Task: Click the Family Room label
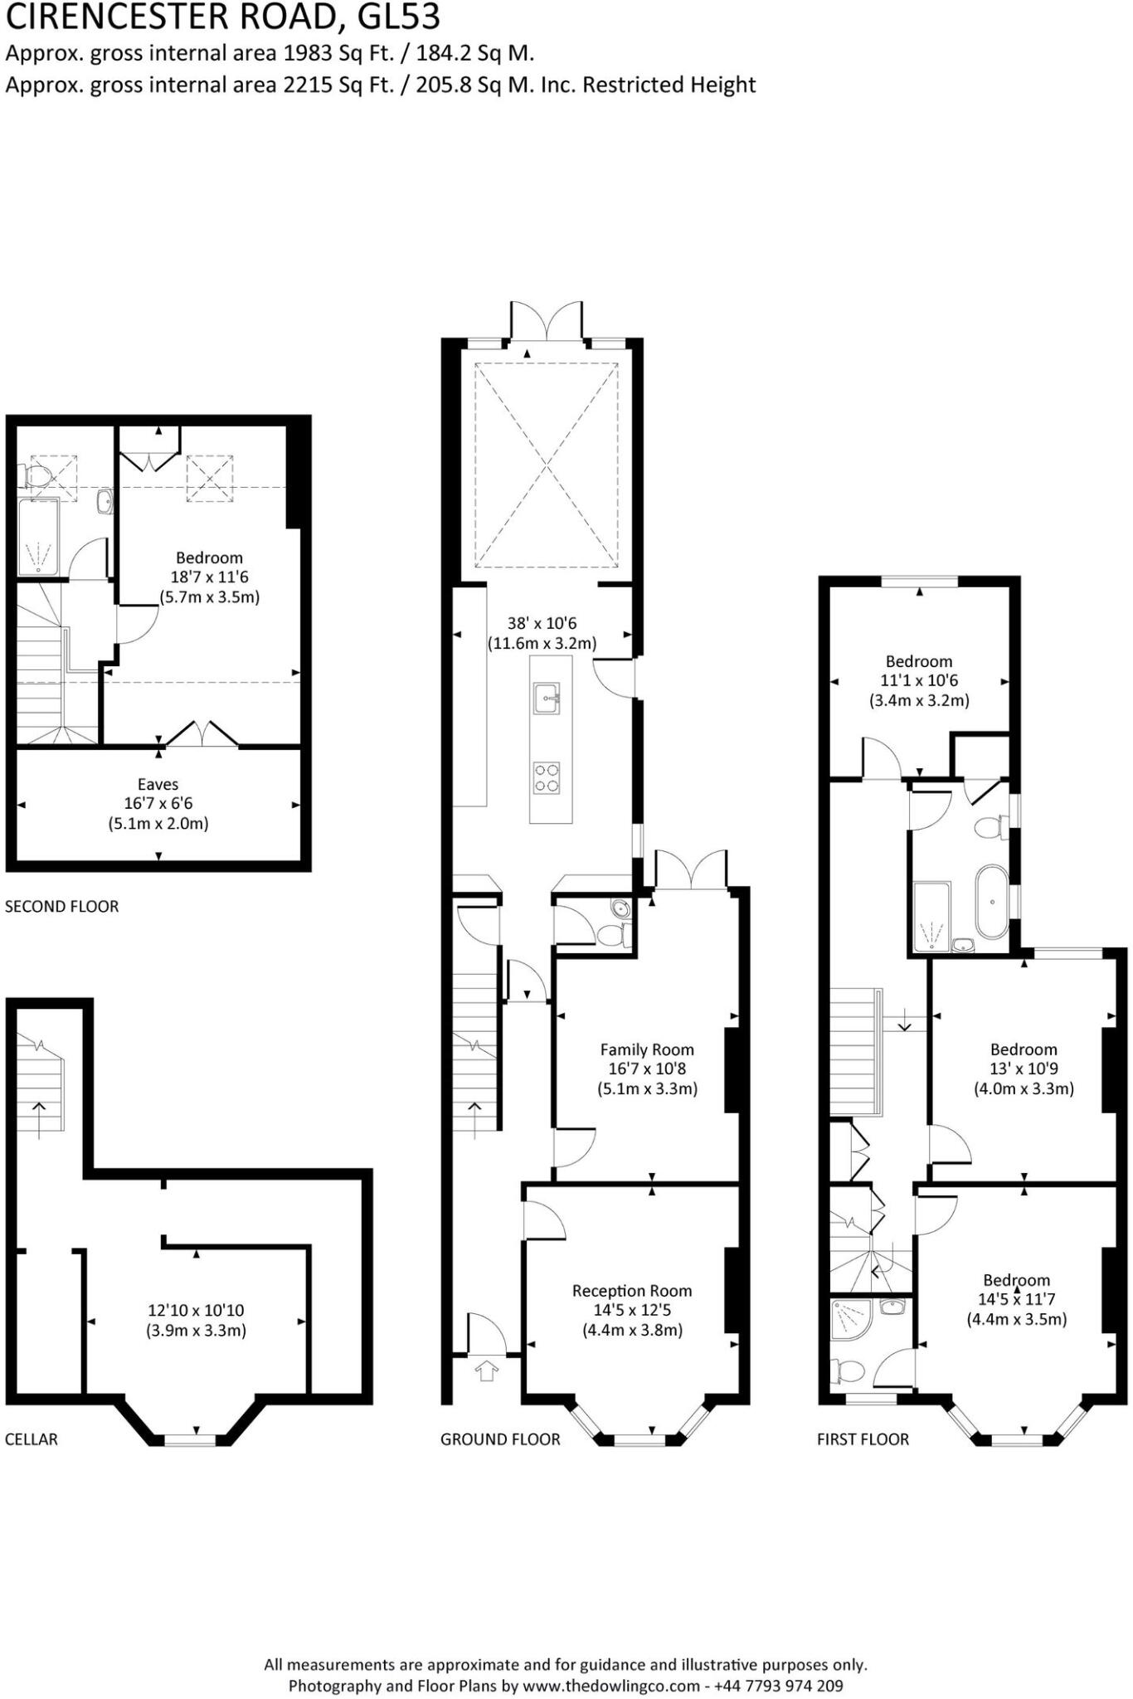point(647,1049)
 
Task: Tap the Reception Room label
point(632,1291)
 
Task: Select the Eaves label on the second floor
point(158,784)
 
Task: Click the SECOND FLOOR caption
point(62,907)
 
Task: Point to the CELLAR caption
point(32,1439)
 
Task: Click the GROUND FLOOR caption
point(500,1439)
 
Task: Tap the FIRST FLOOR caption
point(863,1439)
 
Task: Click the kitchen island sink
point(547,698)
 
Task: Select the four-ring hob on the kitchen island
point(547,777)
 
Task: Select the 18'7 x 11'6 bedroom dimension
point(209,577)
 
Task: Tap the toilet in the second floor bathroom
point(36,476)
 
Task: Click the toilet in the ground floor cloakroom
point(611,935)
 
